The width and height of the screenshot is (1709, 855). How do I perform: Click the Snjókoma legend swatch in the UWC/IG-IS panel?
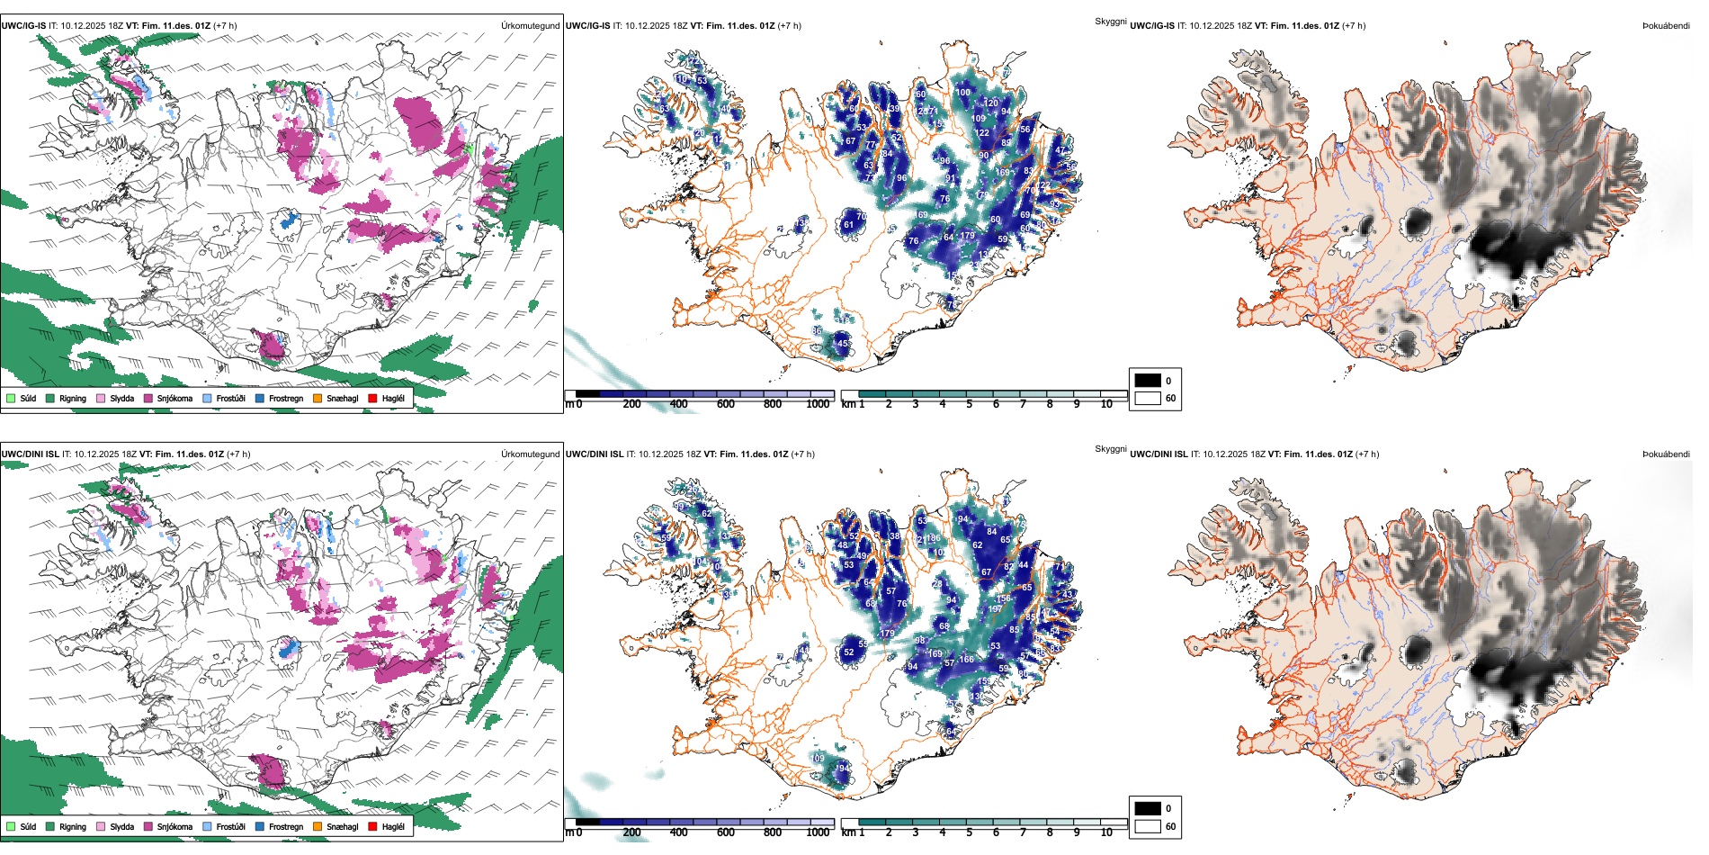(148, 398)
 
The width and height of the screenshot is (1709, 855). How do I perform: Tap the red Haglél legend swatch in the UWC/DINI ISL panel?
(372, 826)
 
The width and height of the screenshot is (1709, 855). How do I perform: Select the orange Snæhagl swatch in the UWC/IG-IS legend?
(318, 398)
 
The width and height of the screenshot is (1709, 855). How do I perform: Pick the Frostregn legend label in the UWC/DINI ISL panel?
(285, 826)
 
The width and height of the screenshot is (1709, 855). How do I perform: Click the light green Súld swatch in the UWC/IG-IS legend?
(11, 398)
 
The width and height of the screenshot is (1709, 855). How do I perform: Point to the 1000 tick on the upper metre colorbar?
(818, 404)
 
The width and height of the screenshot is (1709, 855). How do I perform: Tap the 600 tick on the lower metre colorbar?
(725, 832)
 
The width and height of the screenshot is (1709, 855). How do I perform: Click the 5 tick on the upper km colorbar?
(969, 404)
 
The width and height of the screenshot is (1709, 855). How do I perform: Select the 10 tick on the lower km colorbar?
(1106, 832)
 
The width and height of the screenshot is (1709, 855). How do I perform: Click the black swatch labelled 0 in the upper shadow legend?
(1148, 381)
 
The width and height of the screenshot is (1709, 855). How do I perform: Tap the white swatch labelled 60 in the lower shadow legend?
(1148, 826)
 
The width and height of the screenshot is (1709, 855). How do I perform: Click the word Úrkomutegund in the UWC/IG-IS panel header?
(530, 26)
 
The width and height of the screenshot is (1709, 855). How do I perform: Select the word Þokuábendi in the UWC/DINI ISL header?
(1666, 454)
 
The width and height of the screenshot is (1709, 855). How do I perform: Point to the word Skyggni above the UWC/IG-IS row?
(1110, 22)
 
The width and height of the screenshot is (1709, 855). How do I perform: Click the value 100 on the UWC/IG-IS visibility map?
(963, 93)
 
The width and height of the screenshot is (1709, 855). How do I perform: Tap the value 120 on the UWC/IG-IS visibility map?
(991, 103)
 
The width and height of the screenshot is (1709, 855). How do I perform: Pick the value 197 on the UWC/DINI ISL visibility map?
(995, 609)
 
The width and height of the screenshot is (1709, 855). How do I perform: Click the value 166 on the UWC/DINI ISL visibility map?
(967, 660)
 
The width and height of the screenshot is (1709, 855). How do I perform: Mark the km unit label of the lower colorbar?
(847, 832)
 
